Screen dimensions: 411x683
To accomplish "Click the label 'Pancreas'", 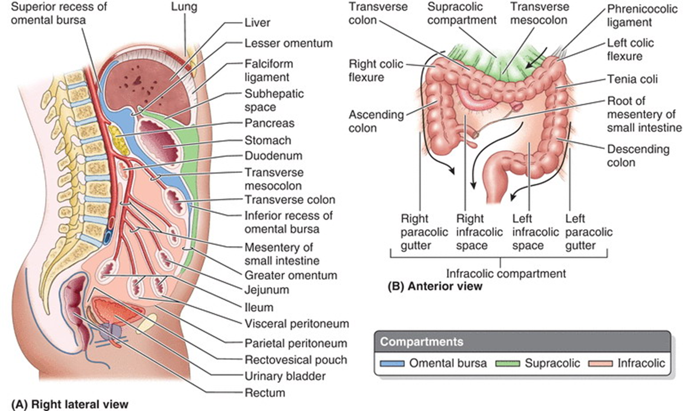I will pos(269,123).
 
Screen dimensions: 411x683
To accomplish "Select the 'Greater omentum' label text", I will pos(291,275).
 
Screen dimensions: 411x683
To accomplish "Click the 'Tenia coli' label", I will pos(632,79).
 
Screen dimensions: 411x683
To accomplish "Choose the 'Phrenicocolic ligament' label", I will pos(637,17).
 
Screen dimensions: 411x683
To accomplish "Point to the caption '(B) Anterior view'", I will pos(435,287).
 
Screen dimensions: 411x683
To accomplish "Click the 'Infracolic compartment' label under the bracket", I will pos(505,274).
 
